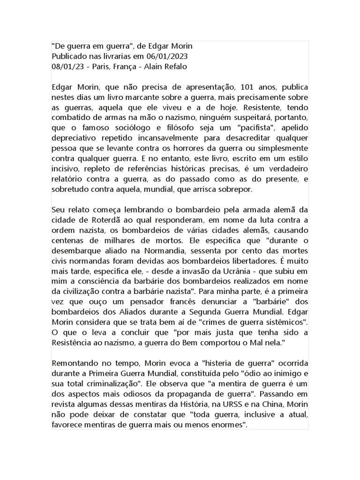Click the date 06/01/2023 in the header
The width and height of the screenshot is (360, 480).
click(x=141, y=56)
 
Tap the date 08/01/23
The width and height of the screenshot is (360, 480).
click(x=68, y=66)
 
